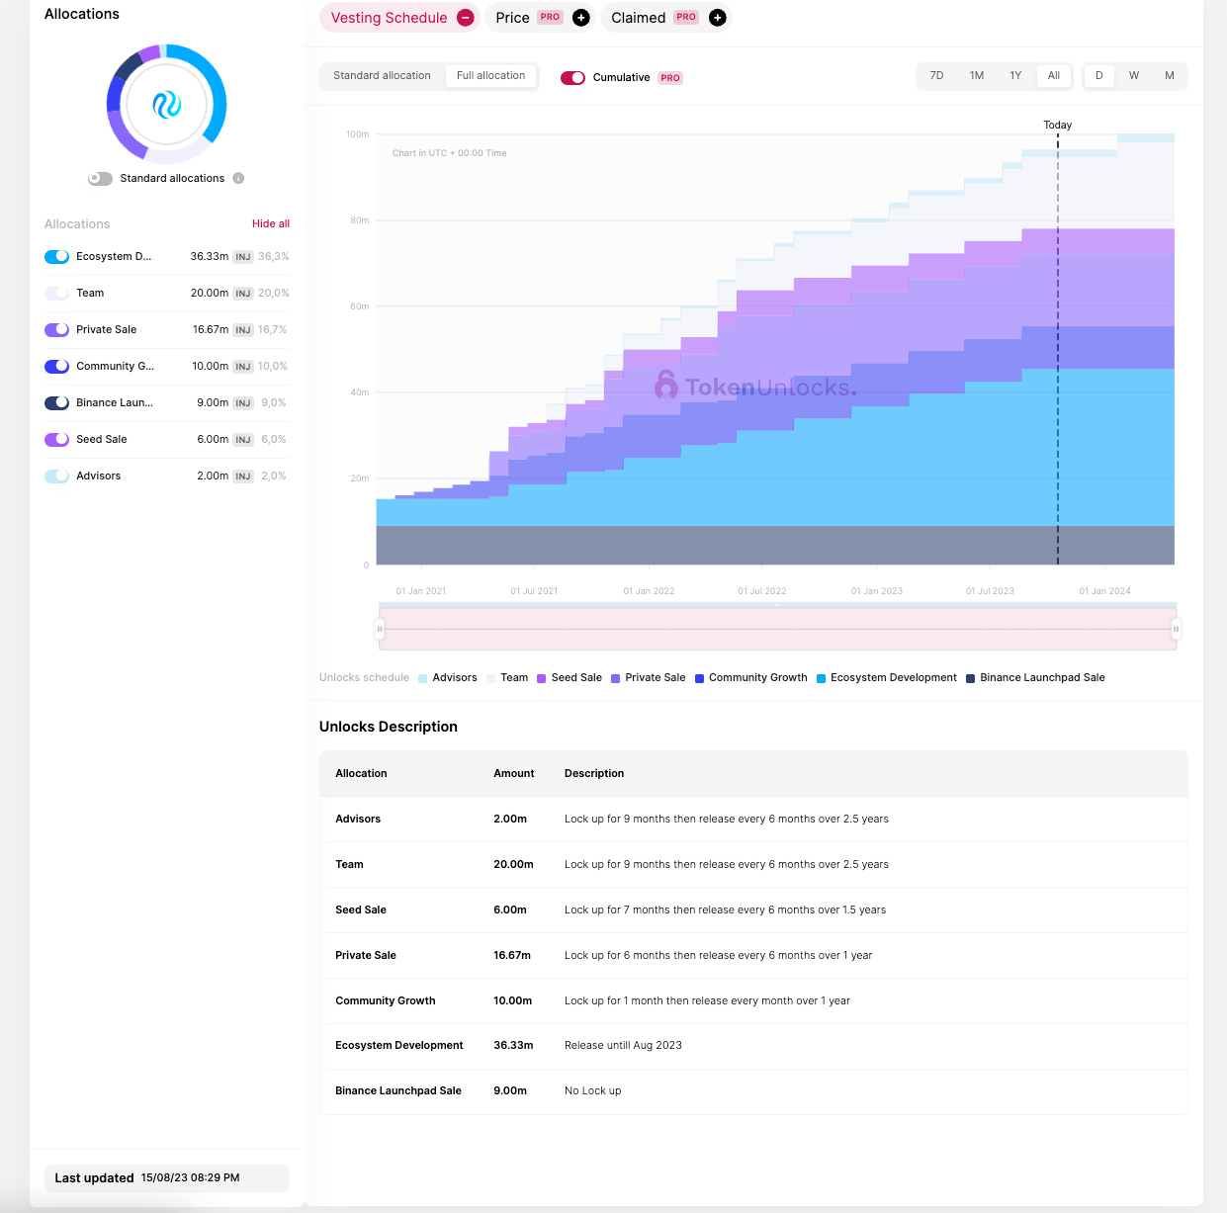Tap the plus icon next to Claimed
click(x=717, y=18)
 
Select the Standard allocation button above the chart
click(x=382, y=76)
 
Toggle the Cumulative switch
click(x=572, y=78)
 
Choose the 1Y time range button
click(x=1015, y=76)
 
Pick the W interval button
click(x=1133, y=76)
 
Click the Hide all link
click(x=271, y=223)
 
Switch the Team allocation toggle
click(x=56, y=293)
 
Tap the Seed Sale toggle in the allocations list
click(x=56, y=439)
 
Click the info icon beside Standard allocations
click(x=238, y=178)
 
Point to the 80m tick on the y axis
click(x=360, y=220)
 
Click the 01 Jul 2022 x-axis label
click(x=761, y=591)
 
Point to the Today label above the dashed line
click(x=1057, y=125)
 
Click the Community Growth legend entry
click(x=751, y=677)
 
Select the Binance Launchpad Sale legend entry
click(x=1035, y=677)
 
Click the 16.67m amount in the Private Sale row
click(x=512, y=955)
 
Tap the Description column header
click(x=594, y=773)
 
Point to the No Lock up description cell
click(x=593, y=1090)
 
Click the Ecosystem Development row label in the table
click(x=399, y=1046)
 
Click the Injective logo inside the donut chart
click(x=167, y=105)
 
